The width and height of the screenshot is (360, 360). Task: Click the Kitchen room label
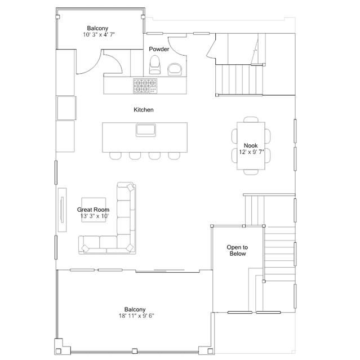144,110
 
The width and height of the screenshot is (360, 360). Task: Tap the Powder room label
159,49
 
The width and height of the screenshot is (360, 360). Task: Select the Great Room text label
93,210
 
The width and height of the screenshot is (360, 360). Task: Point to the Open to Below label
237,251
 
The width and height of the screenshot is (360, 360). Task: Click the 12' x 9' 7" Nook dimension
251,152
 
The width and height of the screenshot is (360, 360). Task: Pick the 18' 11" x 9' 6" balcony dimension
136,316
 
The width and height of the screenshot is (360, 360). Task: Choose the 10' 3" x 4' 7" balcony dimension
99,35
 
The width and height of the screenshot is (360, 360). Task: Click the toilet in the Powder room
154,65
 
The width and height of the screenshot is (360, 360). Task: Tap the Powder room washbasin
175,69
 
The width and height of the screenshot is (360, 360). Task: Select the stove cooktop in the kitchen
145,86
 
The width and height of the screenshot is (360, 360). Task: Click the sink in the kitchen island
146,130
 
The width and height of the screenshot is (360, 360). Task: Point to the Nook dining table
251,146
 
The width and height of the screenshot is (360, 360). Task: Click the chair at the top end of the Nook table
251,119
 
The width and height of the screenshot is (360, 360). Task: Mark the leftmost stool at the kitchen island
115,156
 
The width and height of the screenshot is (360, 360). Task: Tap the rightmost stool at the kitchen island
174,156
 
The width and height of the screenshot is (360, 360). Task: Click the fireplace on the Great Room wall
62,210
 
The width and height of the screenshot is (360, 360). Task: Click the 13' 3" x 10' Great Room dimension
94,216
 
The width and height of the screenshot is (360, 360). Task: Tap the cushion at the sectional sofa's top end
130,187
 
